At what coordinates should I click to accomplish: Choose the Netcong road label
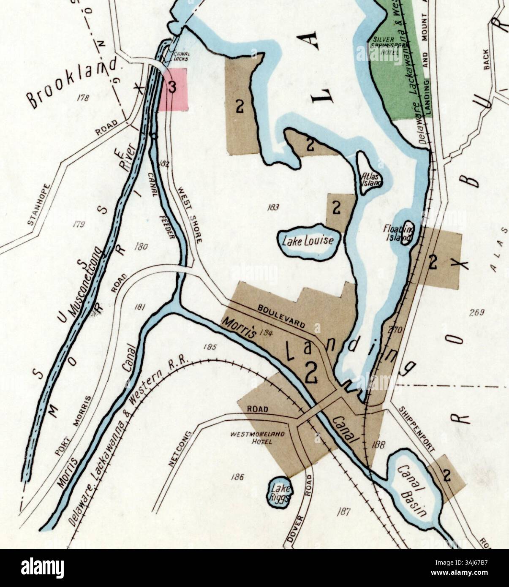pos(180,450)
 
